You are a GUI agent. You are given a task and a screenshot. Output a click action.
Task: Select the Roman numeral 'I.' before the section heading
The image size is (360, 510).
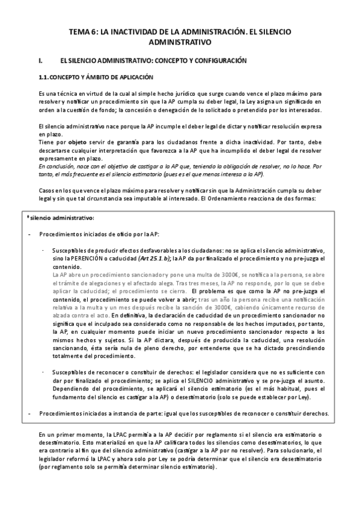(40, 61)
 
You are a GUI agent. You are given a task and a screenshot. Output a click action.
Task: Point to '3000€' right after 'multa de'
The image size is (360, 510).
(219, 273)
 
